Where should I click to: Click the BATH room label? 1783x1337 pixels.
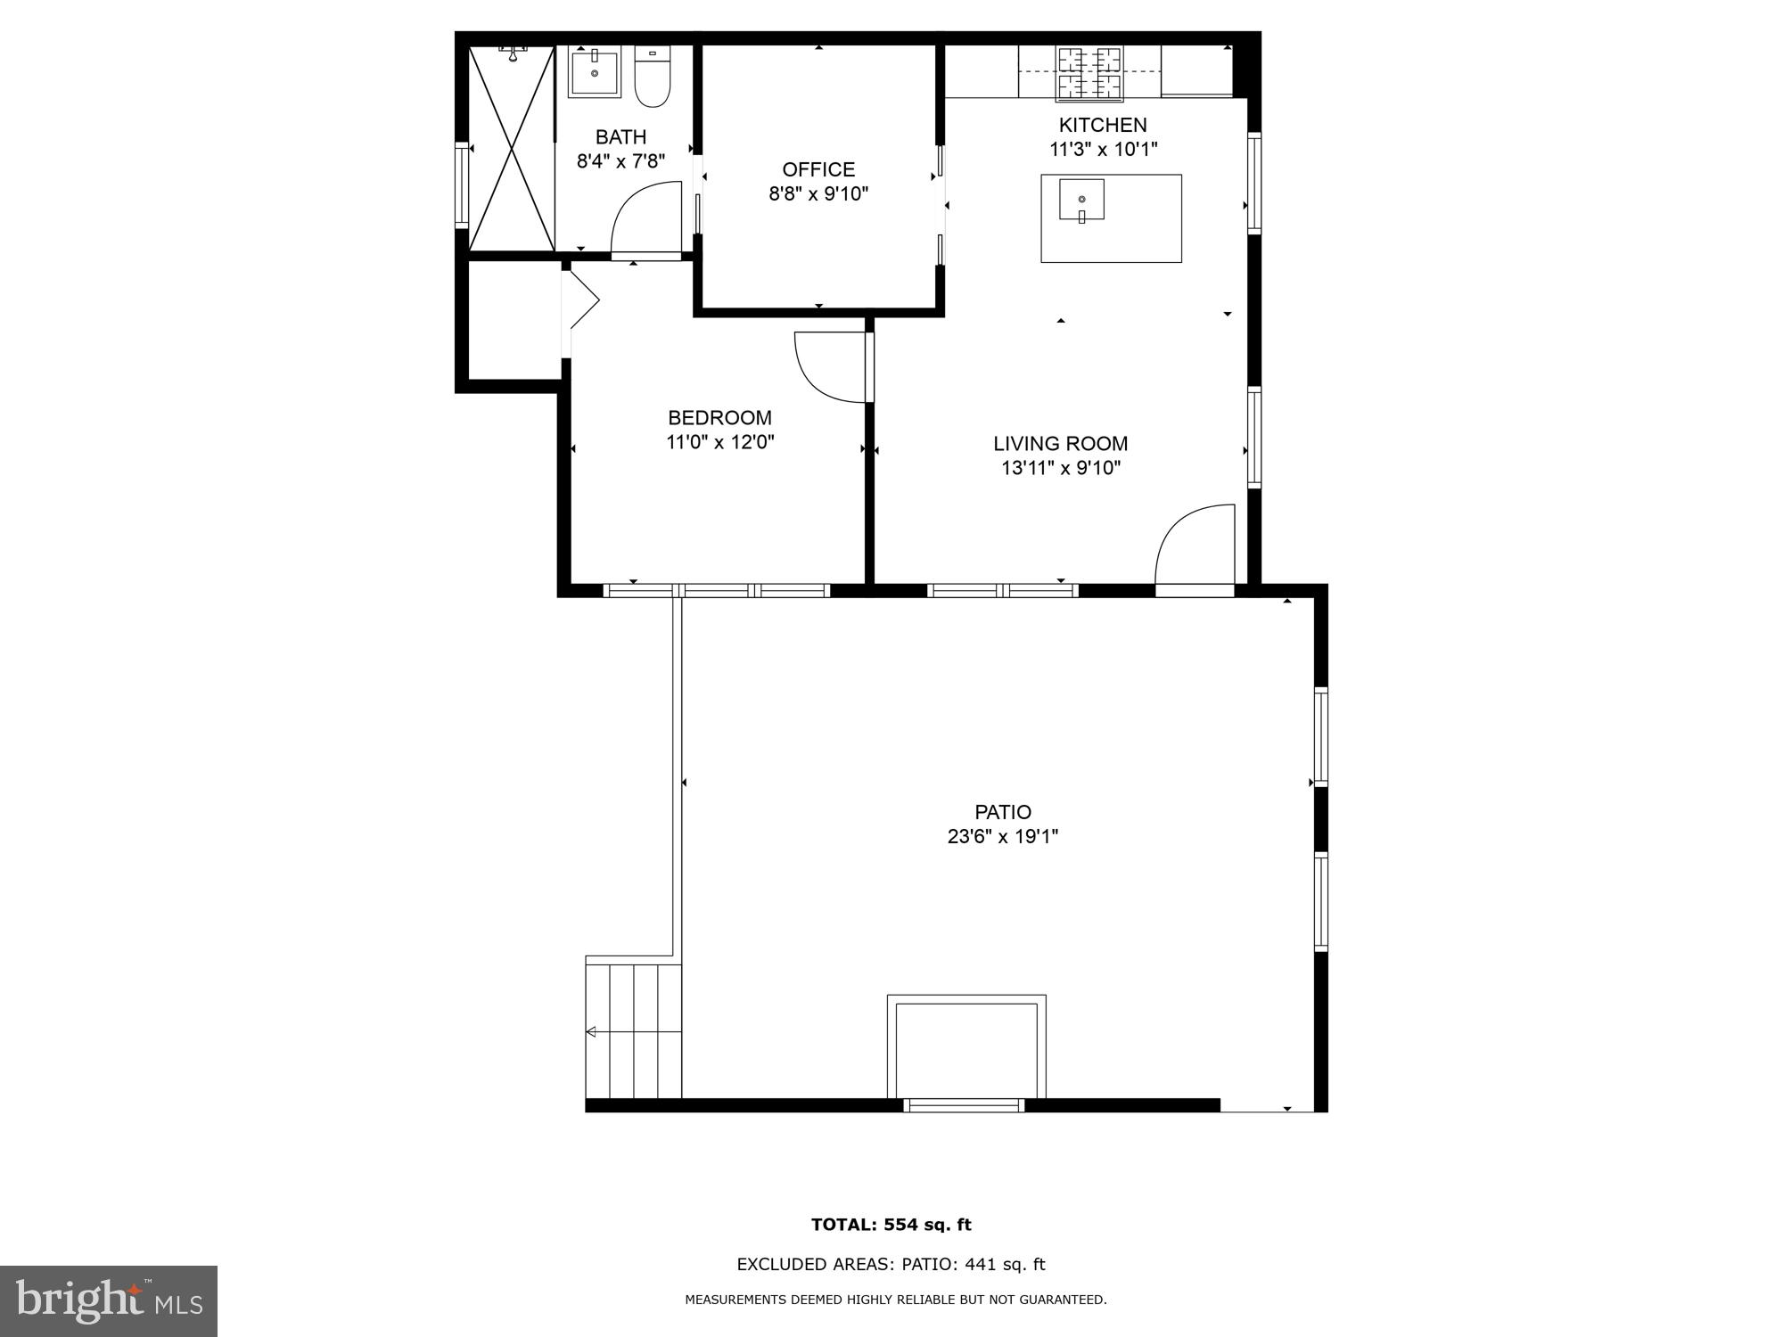tap(620, 137)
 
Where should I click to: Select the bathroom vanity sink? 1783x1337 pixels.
tap(595, 72)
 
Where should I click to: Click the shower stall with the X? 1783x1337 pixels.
tap(511, 148)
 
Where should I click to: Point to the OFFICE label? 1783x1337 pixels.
tap(818, 169)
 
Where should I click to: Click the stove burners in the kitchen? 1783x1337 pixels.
tap(1089, 73)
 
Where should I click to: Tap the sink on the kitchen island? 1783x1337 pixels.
tap(1081, 200)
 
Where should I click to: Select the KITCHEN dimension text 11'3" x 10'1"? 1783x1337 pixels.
tap(1103, 150)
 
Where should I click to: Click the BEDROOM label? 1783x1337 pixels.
tap(719, 417)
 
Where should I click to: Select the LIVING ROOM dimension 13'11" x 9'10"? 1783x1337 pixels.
tap(1060, 468)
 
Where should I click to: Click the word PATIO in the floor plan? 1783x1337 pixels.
tap(1003, 812)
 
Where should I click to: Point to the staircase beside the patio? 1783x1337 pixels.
tap(633, 1031)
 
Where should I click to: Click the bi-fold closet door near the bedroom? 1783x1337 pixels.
tap(581, 300)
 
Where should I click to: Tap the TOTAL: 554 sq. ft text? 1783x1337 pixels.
tap(891, 1225)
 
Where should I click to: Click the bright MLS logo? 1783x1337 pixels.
tap(109, 1301)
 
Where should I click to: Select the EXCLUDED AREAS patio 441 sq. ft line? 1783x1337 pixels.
tap(891, 1264)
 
